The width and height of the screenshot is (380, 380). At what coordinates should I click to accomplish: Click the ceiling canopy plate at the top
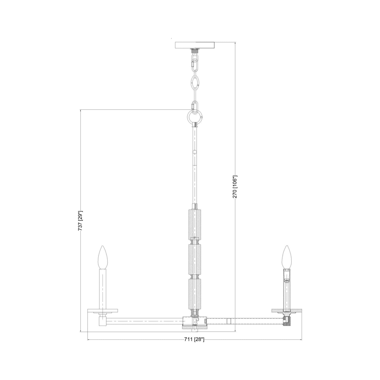(x=195, y=45)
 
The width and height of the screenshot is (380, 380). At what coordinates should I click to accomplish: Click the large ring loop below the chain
(x=195, y=116)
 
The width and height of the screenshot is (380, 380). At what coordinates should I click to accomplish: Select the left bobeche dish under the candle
(x=103, y=311)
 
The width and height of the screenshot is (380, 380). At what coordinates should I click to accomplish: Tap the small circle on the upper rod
(x=195, y=152)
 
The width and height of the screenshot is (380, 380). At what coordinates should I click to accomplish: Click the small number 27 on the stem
(x=195, y=237)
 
